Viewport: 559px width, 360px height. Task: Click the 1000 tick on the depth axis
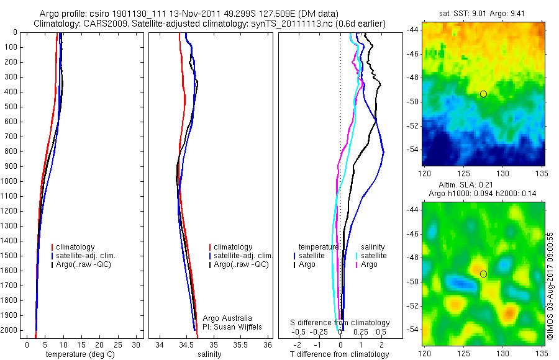point(9,181)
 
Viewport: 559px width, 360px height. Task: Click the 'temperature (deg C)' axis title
point(79,354)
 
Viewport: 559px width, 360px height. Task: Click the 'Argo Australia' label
point(227,318)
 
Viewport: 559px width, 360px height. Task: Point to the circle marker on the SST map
point(483,94)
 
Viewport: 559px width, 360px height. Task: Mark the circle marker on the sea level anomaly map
point(483,274)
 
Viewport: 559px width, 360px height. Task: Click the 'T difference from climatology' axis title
point(340,354)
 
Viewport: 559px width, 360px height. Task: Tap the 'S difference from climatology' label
point(340,323)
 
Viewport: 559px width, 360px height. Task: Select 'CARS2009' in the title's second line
point(102,24)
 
